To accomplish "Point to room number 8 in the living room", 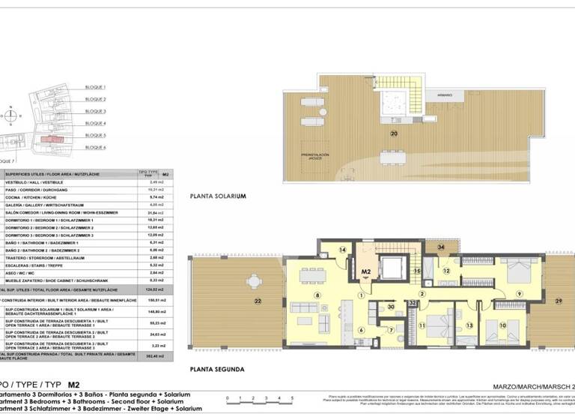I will pos(317,295).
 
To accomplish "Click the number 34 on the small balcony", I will pos(441,247).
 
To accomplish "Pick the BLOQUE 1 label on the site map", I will pos(95,87).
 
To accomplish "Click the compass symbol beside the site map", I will pos(10,116).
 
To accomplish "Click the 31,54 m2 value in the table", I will pos(156,213).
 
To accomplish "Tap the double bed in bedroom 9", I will pos(516,268).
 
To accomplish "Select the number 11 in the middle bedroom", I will pos(422,325).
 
